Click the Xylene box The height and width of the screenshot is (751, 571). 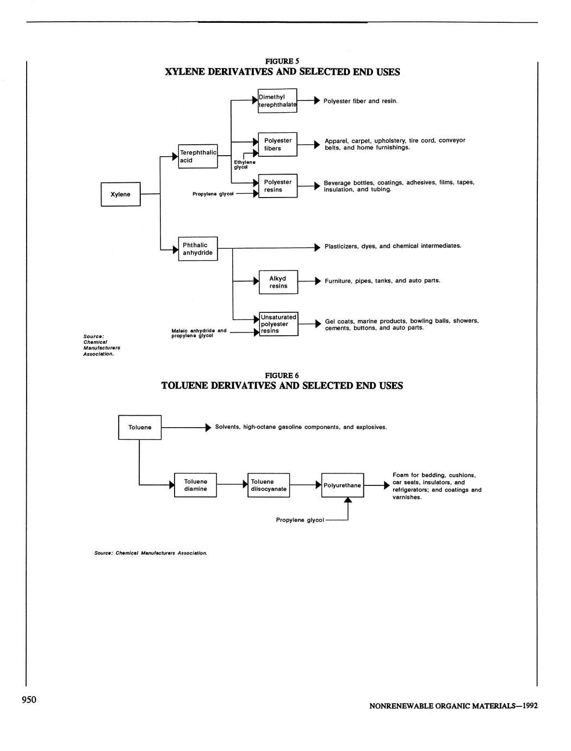click(x=120, y=194)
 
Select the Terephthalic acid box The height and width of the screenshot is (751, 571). click(x=198, y=156)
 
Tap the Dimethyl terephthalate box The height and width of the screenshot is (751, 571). click(x=277, y=101)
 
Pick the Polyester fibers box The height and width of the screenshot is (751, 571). click(x=277, y=144)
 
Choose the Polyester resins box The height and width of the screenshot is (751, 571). click(x=277, y=186)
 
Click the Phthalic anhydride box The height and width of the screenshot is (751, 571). click(x=198, y=249)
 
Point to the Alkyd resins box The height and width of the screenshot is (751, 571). click(x=278, y=282)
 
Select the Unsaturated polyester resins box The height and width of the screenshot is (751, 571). click(x=278, y=324)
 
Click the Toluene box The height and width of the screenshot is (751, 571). click(x=140, y=427)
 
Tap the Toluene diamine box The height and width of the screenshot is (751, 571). click(x=195, y=485)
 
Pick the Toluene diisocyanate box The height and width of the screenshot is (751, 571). click(x=269, y=485)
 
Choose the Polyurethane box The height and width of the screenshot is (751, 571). click(x=342, y=485)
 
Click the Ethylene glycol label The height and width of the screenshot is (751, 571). click(x=244, y=164)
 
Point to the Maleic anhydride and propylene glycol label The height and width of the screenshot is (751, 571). click(x=198, y=333)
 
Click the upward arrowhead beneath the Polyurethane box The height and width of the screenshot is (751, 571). click(x=348, y=501)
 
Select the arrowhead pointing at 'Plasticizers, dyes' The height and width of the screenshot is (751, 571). click(x=318, y=248)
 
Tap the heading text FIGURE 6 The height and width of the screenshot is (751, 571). click(x=282, y=375)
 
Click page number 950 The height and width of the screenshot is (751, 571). click(x=29, y=699)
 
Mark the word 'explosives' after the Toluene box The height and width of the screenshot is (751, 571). click(x=371, y=427)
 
